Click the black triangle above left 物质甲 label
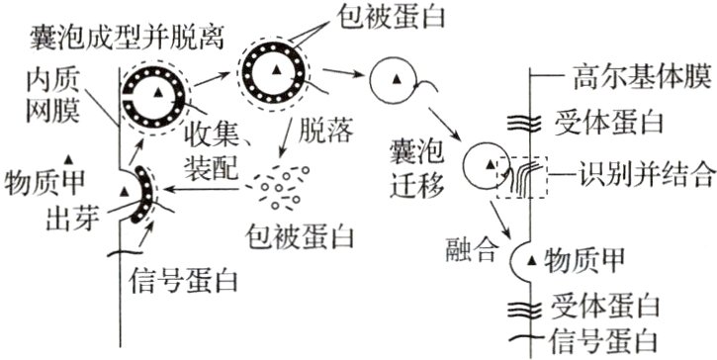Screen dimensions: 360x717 [69, 160]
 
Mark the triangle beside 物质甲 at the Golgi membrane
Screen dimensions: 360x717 [535, 261]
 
